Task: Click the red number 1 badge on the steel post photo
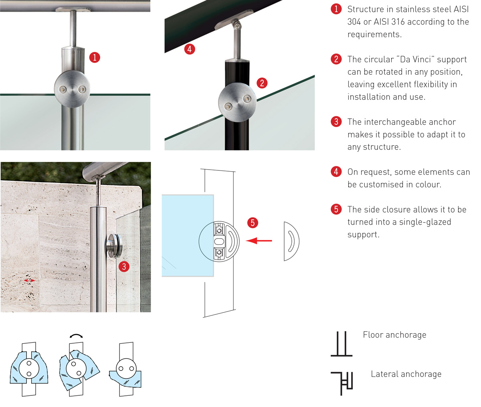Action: coord(95,57)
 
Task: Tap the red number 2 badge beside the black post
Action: coord(262,83)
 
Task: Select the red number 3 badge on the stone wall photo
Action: coord(124,267)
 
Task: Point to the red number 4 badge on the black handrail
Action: coord(190,49)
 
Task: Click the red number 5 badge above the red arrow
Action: coord(253,223)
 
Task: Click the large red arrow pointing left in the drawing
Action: coord(259,241)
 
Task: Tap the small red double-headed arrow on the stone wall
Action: coord(30,281)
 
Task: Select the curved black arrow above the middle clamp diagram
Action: coord(76,336)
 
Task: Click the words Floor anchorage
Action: coord(395,335)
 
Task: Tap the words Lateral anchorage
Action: coord(406,374)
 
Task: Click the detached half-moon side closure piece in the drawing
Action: coord(291,241)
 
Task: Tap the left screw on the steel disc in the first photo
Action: coord(63,89)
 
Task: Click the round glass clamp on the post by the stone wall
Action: coord(113,246)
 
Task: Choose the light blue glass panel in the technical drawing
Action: coord(188,235)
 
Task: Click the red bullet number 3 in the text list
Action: coord(336,121)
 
